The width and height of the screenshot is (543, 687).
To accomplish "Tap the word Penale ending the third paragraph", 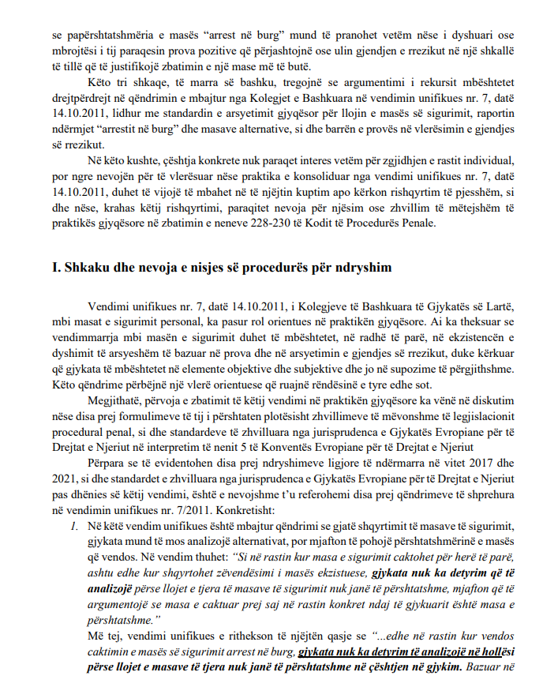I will [x=416, y=223].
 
